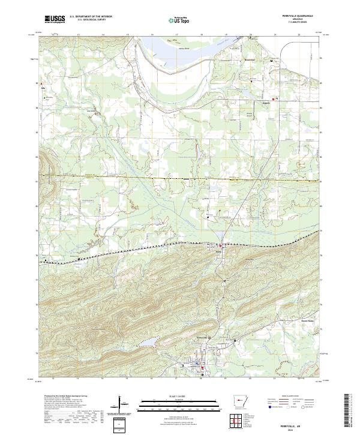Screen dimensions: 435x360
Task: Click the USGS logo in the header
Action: (x=55, y=20)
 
